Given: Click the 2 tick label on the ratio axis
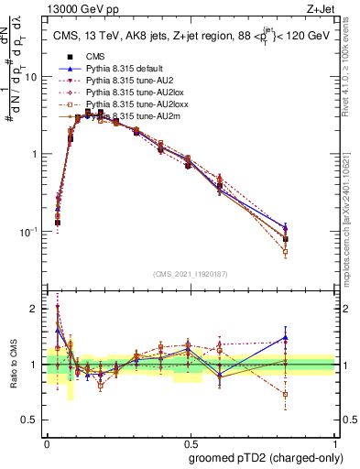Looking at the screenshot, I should pos(35,309).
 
